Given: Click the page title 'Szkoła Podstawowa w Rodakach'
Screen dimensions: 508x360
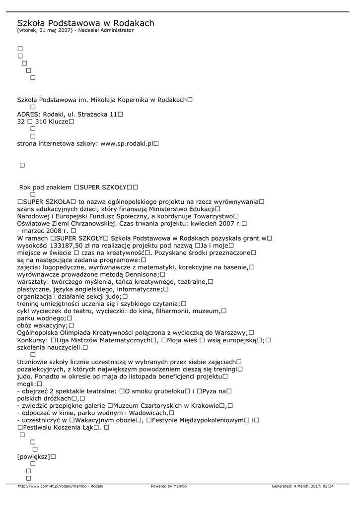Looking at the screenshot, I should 85,23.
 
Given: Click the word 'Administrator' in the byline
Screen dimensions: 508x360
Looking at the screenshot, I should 118,30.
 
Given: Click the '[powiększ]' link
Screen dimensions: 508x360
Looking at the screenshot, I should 33,456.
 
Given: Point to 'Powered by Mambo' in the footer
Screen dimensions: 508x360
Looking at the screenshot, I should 169,486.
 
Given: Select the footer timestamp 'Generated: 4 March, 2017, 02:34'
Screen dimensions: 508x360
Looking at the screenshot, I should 302,486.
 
